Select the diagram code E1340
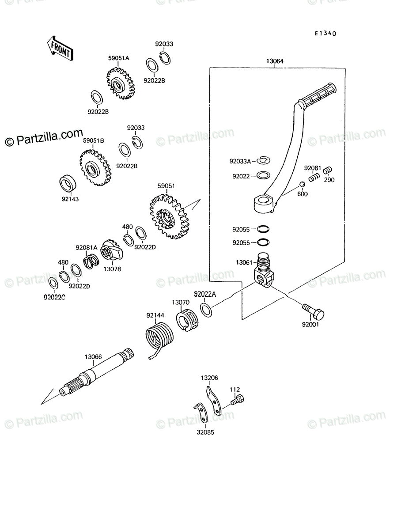(x=326, y=33)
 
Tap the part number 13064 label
(x=275, y=61)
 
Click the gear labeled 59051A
(x=121, y=83)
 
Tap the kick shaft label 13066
(x=93, y=356)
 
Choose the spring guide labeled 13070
(x=187, y=320)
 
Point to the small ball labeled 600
(x=302, y=185)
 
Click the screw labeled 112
(x=237, y=400)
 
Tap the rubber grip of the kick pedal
(x=317, y=96)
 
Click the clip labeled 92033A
(x=263, y=160)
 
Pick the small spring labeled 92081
(x=314, y=178)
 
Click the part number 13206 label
(x=209, y=378)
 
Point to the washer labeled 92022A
(x=206, y=310)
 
